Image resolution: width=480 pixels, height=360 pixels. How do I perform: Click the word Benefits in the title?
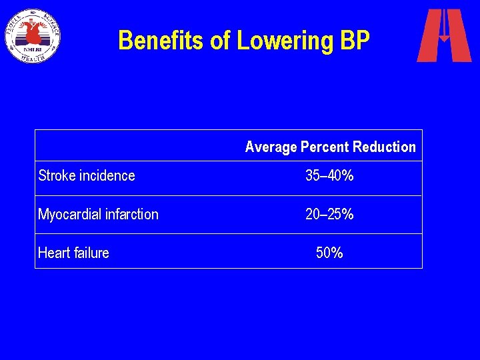pos(161,41)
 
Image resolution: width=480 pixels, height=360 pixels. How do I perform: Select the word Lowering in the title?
pos(284,41)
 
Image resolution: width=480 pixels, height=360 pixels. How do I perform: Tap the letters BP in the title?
pos(354,41)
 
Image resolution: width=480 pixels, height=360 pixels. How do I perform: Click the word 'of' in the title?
pos(220,41)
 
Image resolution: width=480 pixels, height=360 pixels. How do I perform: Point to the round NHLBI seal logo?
pos(33,35)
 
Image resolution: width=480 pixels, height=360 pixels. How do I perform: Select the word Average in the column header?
pos(271,147)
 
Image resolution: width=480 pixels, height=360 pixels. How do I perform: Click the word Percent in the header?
pos(325,147)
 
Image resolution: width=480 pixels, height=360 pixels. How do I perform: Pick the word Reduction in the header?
pos(384,147)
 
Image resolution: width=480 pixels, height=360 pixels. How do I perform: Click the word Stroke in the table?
pos(57,176)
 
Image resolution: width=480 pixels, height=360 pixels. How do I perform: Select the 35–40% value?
pos(329,176)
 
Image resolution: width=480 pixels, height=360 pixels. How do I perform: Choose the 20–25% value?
pos(329,215)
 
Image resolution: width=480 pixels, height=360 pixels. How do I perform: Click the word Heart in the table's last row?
pos(53,253)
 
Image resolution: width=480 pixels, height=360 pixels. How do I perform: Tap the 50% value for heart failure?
pos(329,253)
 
